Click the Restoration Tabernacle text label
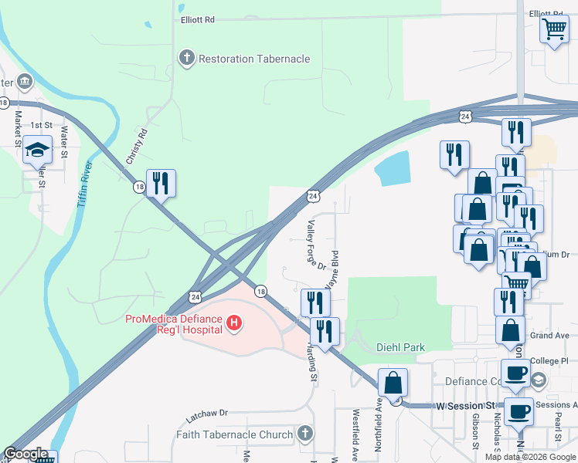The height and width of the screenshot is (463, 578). tap(254, 59)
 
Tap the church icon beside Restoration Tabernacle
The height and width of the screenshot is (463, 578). tap(186, 58)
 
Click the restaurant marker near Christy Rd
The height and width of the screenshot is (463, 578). tap(161, 184)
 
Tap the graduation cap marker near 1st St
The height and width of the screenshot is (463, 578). tap(37, 151)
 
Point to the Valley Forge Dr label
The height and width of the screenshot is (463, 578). tap(316, 245)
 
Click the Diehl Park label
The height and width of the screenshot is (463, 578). tap(401, 348)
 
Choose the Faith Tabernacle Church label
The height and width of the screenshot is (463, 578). tap(235, 434)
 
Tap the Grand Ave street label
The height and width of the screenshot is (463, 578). tap(549, 336)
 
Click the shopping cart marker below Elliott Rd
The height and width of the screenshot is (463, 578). tap(554, 30)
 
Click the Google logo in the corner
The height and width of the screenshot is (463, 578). tap(26, 454)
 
